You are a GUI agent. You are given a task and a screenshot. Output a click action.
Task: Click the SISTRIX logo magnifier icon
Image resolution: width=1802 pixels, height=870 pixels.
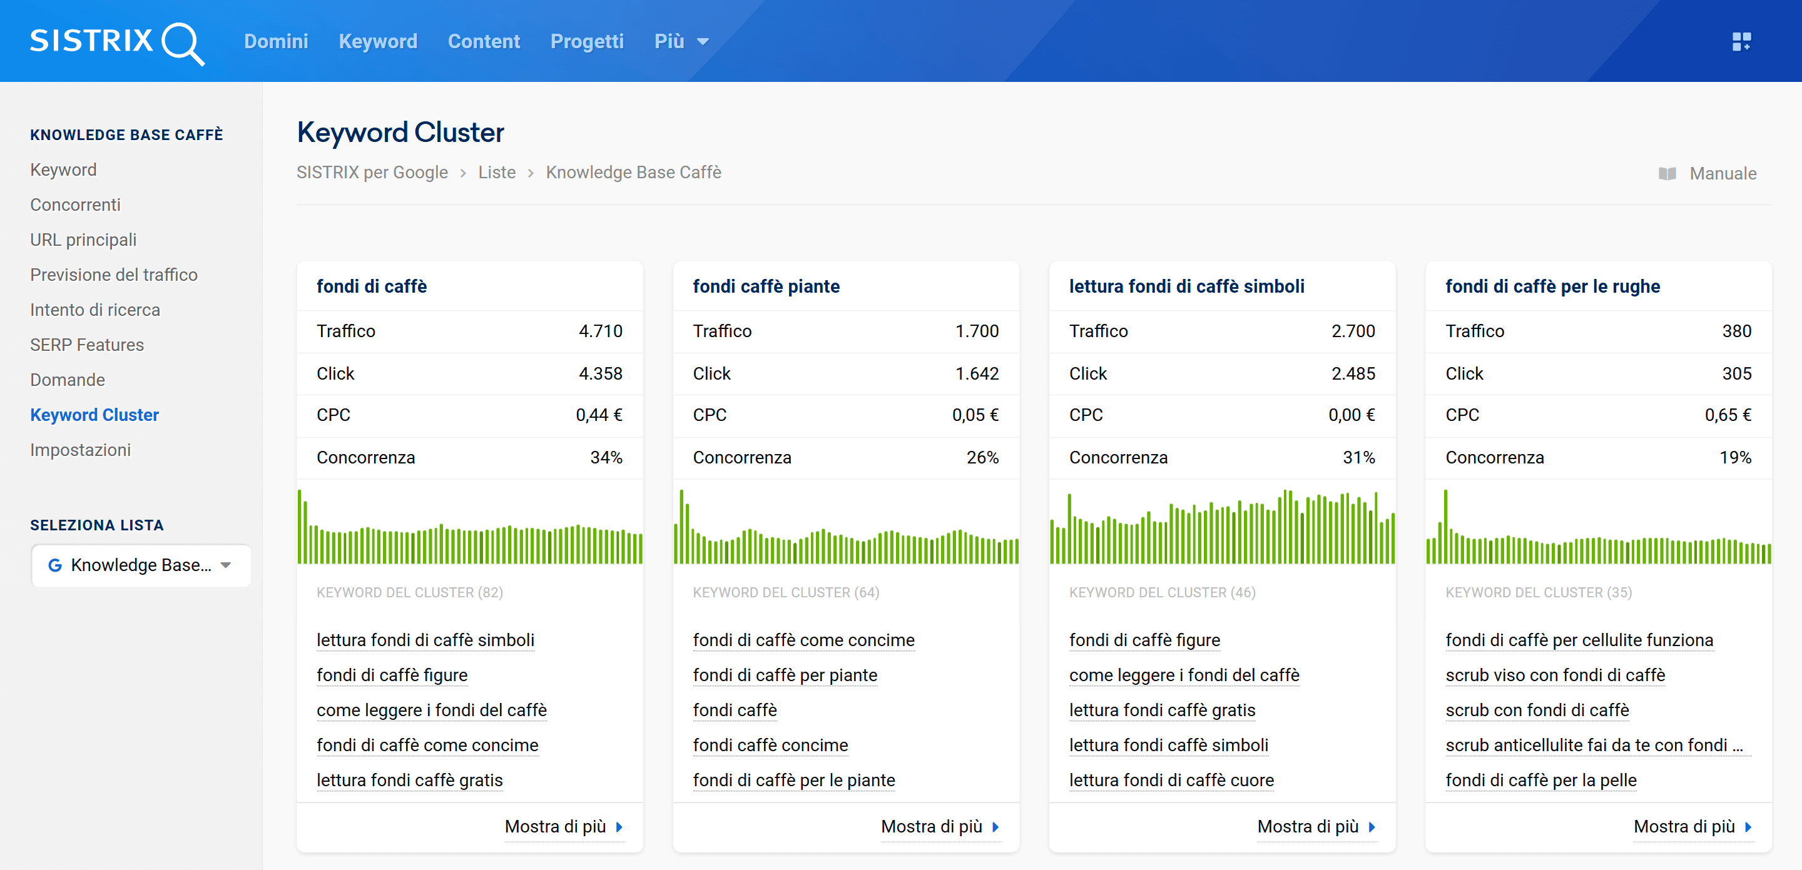[x=182, y=43]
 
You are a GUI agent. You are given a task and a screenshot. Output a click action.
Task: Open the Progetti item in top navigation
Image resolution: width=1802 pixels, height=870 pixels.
[x=586, y=41]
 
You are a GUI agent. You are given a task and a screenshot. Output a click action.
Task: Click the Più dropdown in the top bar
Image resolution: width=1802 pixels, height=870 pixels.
[x=681, y=41]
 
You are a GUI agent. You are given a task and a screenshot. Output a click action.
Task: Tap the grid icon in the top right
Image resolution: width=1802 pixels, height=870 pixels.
[x=1741, y=41]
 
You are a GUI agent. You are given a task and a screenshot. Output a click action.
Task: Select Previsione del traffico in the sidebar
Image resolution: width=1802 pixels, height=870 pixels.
[x=113, y=275]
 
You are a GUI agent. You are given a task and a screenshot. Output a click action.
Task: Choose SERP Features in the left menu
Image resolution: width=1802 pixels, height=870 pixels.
[x=87, y=345]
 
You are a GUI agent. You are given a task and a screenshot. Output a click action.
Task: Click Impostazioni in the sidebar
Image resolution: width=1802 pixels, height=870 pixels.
[x=79, y=450]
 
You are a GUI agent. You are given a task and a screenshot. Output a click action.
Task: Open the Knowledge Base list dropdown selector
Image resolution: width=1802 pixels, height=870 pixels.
[x=141, y=565]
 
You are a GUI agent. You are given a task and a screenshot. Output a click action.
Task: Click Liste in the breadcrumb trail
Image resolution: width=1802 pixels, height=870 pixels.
[x=497, y=172]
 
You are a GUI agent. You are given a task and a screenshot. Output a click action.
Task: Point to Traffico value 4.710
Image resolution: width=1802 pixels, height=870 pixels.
[x=600, y=331]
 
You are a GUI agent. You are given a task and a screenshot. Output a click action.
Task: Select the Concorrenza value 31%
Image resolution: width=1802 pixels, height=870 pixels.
[x=1358, y=457]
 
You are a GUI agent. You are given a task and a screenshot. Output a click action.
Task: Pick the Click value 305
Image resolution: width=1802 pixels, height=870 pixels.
[x=1736, y=373]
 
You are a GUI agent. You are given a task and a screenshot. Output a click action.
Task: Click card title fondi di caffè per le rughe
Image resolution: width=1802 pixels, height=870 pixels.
[x=1552, y=286]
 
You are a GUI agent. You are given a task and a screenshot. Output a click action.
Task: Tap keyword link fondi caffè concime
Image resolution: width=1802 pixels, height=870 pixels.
[x=770, y=745]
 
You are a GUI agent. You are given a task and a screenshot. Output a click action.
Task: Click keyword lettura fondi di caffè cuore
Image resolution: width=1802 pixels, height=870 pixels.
[x=1171, y=780]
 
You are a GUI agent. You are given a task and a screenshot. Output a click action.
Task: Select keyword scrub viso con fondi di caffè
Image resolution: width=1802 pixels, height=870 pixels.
[x=1554, y=675]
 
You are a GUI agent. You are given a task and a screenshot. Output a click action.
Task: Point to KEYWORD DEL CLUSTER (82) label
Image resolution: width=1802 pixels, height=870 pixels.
[x=409, y=592]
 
